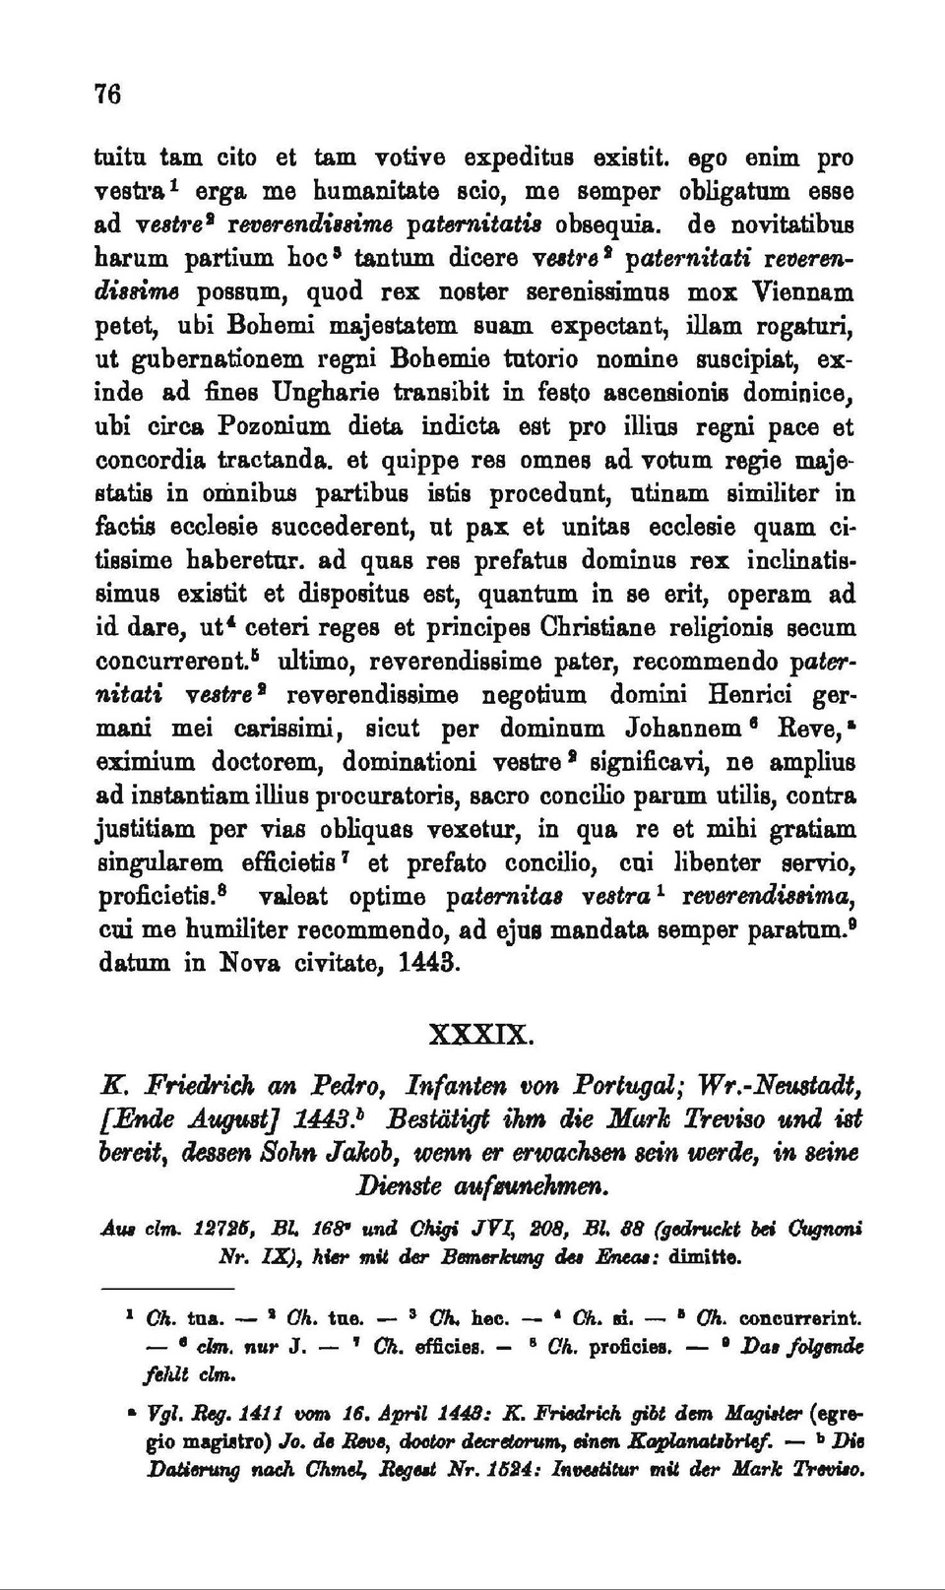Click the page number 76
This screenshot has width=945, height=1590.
(x=107, y=94)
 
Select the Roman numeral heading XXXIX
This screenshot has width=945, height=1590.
(x=481, y=1036)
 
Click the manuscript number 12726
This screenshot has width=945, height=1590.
(x=191, y=1230)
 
